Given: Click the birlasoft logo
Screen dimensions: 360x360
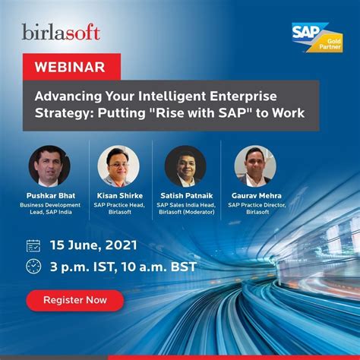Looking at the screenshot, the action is pos(61,32).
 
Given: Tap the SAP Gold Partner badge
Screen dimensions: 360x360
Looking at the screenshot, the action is pos(317,37).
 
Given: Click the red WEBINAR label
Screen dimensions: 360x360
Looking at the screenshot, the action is pos(71,67).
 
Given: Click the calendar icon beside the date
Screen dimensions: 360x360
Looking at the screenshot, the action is pos(33,245).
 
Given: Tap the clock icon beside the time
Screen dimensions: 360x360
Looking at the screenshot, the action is pos(33,267).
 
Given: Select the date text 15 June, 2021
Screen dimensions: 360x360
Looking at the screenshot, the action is pos(93,245).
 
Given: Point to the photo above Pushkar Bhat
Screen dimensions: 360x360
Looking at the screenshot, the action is pos(49,166).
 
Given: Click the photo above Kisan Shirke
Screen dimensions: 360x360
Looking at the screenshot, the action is pos(118,166).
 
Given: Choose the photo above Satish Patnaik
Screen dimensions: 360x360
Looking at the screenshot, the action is pos(185,166).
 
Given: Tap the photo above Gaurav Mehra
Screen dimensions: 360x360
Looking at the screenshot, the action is pos(255,166).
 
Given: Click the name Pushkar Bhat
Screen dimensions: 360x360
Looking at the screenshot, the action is pos(51,196).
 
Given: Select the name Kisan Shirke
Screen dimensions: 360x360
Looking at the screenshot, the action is pos(120,196).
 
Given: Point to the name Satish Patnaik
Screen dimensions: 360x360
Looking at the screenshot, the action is pos(187,196).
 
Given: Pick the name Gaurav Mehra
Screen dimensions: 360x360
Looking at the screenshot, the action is pos(257,196).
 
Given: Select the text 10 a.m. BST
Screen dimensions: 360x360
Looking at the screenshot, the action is pos(159,267).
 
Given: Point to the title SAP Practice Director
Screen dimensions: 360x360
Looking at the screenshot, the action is pos(257,205).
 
